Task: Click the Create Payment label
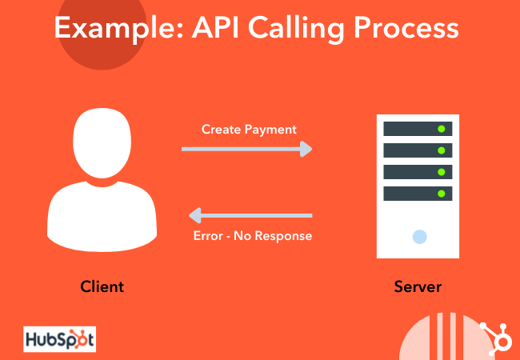tap(249, 129)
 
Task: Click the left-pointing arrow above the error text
tap(249, 215)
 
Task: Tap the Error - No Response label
tap(253, 236)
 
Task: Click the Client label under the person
tap(102, 286)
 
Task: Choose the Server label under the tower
tap(417, 286)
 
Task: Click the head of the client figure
tap(102, 144)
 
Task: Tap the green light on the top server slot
tap(441, 129)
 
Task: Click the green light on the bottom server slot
tap(441, 194)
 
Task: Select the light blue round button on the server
tap(418, 236)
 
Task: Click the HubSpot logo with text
tap(59, 339)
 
